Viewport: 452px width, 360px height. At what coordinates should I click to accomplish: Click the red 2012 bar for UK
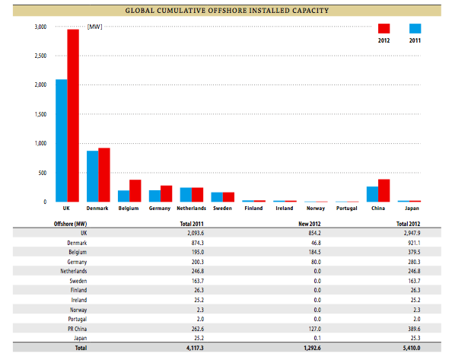(73, 116)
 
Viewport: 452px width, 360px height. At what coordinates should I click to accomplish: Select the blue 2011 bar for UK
(62, 141)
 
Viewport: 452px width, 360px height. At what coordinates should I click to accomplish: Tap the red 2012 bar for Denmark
(104, 175)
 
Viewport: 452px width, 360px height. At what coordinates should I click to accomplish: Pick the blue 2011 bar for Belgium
(124, 196)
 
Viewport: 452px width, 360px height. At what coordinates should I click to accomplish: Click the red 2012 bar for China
(384, 190)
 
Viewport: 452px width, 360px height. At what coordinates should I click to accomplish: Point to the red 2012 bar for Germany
(167, 193)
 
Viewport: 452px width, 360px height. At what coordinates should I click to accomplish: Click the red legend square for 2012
(384, 28)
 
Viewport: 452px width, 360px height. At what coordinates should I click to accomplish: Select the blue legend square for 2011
(415, 28)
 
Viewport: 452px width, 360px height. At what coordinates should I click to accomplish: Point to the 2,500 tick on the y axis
(40, 56)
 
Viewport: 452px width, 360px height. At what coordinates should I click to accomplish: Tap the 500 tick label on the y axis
(43, 173)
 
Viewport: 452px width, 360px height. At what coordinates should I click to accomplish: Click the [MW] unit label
(95, 27)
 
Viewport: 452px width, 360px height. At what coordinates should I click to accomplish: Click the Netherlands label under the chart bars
(192, 208)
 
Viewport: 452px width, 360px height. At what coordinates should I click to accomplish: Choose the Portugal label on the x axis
(347, 208)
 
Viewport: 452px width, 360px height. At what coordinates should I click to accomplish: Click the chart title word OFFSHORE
(226, 11)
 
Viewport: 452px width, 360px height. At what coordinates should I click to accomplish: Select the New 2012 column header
(310, 224)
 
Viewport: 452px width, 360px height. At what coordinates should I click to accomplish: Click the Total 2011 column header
(192, 224)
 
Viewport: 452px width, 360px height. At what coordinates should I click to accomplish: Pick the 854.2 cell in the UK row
(314, 233)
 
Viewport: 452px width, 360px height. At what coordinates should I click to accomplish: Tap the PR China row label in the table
(78, 329)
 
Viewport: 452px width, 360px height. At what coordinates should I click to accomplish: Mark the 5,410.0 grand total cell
(412, 348)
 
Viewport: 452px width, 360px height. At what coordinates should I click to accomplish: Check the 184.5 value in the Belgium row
(315, 252)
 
